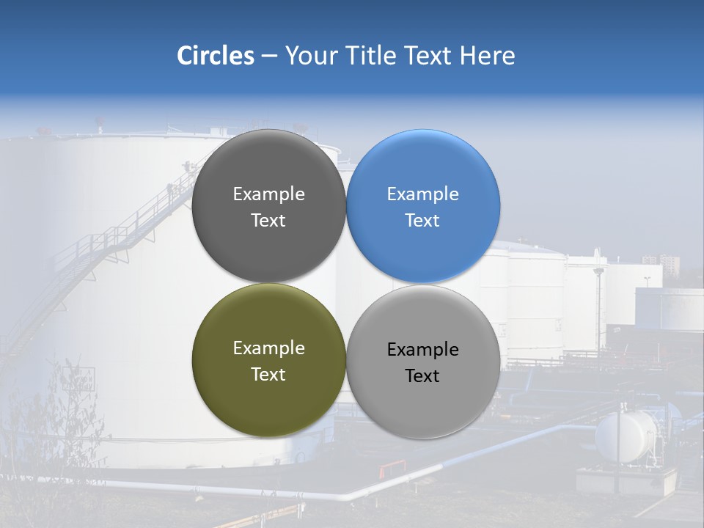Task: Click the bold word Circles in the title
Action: pyautogui.click(x=215, y=56)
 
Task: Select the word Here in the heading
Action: pyautogui.click(x=487, y=56)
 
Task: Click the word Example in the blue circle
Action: pyautogui.click(x=423, y=194)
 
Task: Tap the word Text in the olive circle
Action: pyautogui.click(x=268, y=375)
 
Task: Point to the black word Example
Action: pyautogui.click(x=423, y=350)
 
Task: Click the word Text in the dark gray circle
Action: pyautogui.click(x=268, y=221)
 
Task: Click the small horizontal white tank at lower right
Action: pyautogui.click(x=626, y=436)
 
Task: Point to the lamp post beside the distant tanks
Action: pyautogui.click(x=599, y=301)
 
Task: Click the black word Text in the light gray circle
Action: pyautogui.click(x=422, y=376)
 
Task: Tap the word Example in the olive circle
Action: pyautogui.click(x=268, y=348)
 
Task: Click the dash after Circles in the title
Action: pyautogui.click(x=269, y=56)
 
